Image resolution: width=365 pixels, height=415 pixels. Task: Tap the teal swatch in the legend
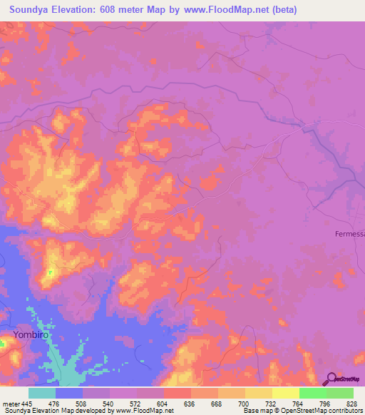coord(42,392)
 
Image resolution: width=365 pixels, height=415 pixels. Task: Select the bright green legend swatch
coord(312,392)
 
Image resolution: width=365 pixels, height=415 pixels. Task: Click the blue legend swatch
coord(69,392)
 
